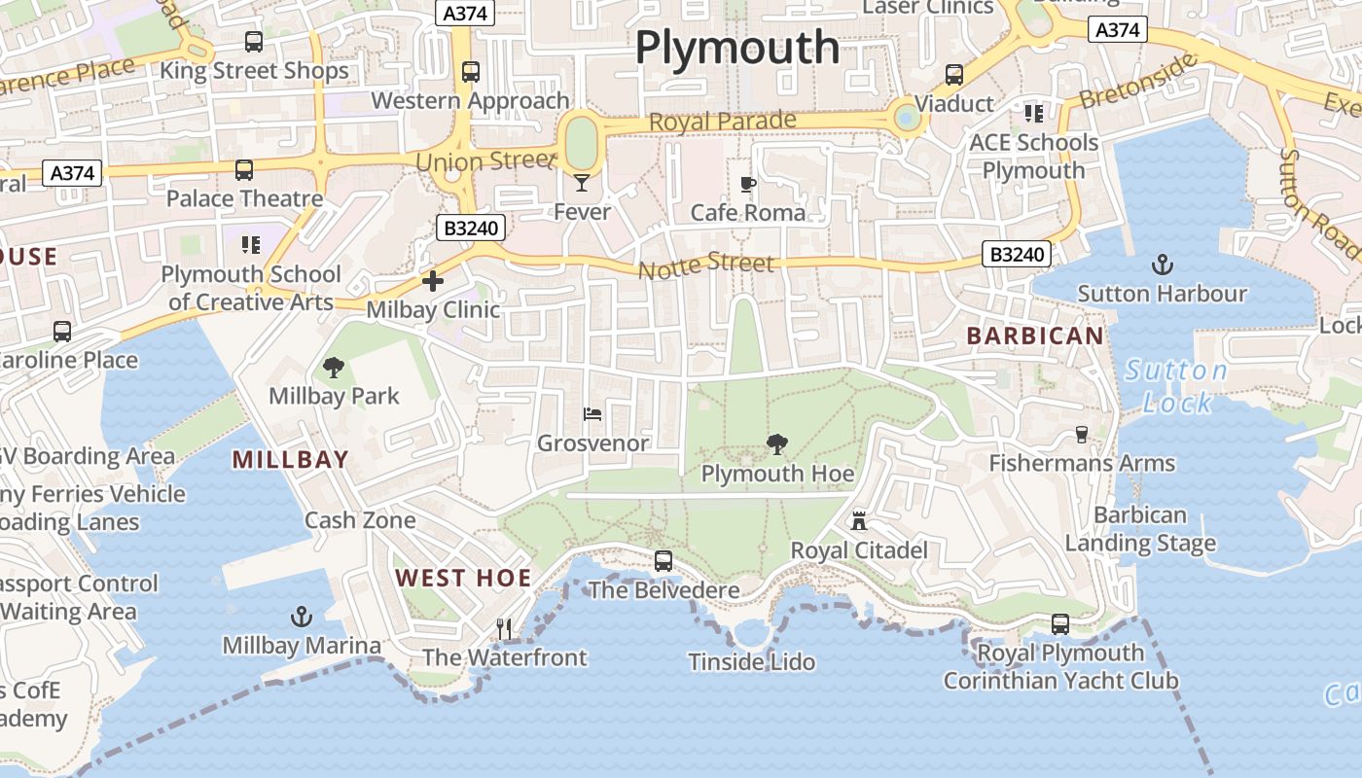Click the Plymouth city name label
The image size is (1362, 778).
[736, 47]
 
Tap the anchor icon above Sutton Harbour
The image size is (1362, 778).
[1162, 264]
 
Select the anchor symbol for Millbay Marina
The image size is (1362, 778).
[302, 617]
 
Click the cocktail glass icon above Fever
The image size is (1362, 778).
[582, 182]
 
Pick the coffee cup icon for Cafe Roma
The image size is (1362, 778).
[747, 183]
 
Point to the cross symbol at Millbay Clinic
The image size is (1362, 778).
[433, 281]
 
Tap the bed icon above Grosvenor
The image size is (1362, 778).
[592, 414]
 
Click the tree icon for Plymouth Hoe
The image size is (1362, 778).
[776, 445]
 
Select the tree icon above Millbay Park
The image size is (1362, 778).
[334, 367]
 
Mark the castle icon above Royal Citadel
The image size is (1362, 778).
[859, 521]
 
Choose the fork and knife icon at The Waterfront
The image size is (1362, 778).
[504, 628]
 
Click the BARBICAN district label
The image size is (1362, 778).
[1035, 336]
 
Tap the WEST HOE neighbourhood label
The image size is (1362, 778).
[463, 578]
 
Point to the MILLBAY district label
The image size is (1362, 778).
[290, 460]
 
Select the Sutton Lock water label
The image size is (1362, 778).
[1176, 386]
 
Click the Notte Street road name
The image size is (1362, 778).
[706, 265]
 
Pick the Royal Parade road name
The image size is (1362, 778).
[722, 122]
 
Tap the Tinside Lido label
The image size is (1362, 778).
[751, 662]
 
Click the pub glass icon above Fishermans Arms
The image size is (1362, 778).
[1081, 435]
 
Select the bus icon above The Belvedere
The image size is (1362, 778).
[663, 561]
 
